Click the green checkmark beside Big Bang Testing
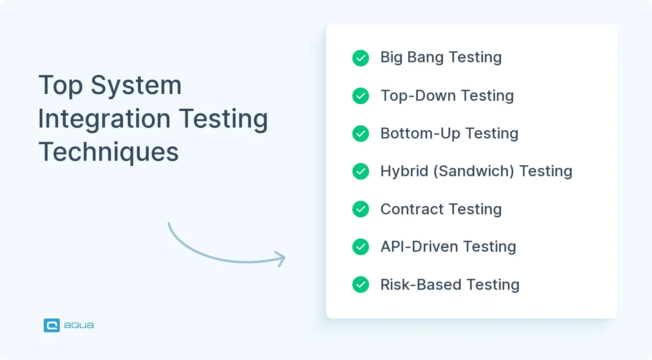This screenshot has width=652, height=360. (361, 58)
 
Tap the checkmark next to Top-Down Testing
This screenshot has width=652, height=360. (361, 96)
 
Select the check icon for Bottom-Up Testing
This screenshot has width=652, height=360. (361, 134)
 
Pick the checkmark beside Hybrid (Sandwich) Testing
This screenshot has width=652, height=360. (361, 171)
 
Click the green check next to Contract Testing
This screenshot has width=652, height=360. (361, 209)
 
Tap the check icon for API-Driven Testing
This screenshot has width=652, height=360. (361, 247)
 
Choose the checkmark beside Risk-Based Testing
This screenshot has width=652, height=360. (361, 285)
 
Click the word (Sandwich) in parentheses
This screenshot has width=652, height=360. (474, 171)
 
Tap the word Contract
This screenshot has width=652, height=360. (412, 209)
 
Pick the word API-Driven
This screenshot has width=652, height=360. (419, 247)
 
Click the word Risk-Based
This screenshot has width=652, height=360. (421, 285)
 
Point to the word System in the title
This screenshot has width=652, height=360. (136, 85)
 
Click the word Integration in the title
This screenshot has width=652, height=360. (104, 118)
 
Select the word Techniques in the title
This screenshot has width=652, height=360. (109, 152)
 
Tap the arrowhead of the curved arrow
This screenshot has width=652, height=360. (281, 258)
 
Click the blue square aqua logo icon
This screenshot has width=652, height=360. (52, 325)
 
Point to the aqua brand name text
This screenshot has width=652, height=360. (79, 325)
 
